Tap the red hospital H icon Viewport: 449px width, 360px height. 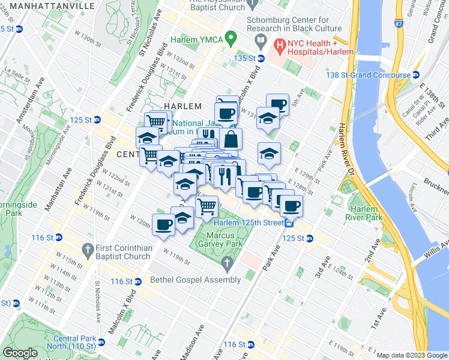coord(279,44)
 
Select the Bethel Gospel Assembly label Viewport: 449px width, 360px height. coord(187,280)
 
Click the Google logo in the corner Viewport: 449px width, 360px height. coord(20,353)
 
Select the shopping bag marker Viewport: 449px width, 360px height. coord(230,140)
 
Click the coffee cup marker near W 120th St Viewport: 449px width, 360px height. coord(163,225)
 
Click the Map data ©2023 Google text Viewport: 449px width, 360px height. coord(411,355)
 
